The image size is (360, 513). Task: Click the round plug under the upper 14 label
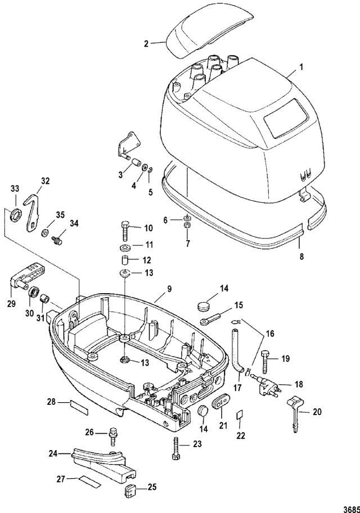point(204,307)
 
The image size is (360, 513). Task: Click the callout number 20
point(317,412)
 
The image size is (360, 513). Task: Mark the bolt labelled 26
point(113,436)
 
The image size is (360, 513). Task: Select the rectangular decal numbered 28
point(79,408)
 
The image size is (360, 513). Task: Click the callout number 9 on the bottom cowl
point(169,289)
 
